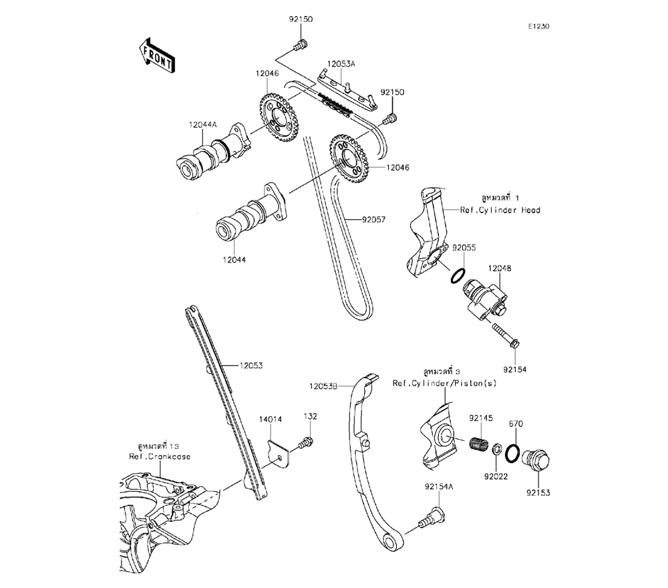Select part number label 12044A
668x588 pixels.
click(203, 124)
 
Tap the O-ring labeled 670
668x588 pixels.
click(513, 453)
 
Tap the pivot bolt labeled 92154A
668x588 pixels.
click(430, 517)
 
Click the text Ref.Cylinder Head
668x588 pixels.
click(500, 210)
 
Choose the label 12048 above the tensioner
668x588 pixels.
click(499, 268)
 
